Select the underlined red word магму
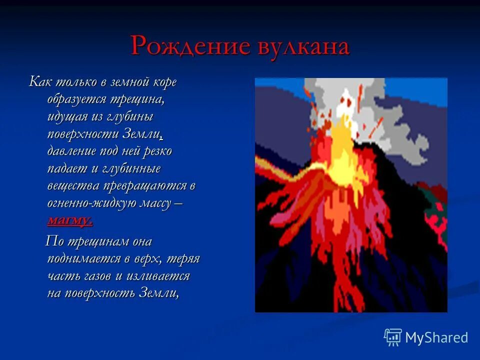[70, 220]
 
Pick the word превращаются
[144, 186]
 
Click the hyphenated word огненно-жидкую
[89, 203]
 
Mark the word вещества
[73, 186]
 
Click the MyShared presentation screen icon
[393, 337]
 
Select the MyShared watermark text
[436, 337]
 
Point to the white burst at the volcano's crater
[345, 102]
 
